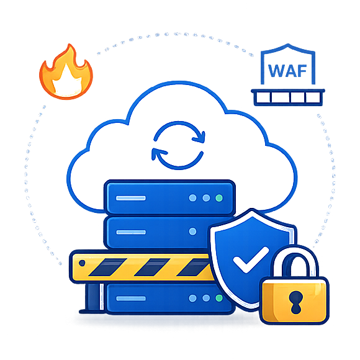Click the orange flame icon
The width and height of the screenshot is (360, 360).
click(x=66, y=73)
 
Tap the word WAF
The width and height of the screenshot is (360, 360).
click(x=287, y=71)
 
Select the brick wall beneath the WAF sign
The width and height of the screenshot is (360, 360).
click(x=288, y=97)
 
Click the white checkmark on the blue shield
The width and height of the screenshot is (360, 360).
click(x=251, y=259)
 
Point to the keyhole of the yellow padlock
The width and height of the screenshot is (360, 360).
click(x=295, y=302)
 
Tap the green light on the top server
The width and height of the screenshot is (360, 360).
click(x=219, y=198)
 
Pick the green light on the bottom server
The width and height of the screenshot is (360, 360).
click(x=219, y=298)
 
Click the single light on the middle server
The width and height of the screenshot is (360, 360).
click(x=192, y=232)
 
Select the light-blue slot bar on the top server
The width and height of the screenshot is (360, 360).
click(x=131, y=198)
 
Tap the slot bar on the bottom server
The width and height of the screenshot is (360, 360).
click(x=131, y=299)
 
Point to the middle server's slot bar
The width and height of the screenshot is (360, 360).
click(x=131, y=232)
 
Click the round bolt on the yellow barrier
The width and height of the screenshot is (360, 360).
click(x=82, y=263)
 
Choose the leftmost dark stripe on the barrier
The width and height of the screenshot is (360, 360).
click(x=107, y=268)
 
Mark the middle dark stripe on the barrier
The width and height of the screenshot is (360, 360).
click(x=152, y=268)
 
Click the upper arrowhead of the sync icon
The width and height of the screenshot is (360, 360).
click(x=199, y=137)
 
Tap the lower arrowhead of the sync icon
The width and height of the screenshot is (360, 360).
click(x=158, y=154)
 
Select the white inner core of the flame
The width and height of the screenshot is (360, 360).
click(x=66, y=80)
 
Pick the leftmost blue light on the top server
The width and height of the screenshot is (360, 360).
click(x=192, y=198)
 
